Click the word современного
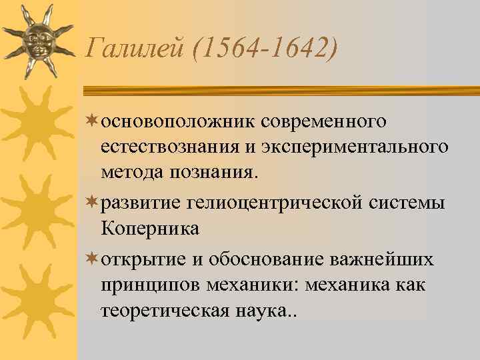324,121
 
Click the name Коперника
151,229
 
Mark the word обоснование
258,259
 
